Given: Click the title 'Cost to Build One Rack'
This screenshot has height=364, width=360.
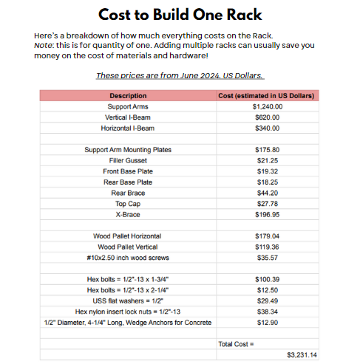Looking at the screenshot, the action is point(180,15).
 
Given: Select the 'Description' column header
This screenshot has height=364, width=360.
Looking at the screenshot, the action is point(128,96).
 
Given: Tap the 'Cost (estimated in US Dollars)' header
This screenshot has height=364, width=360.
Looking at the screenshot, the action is point(267,96).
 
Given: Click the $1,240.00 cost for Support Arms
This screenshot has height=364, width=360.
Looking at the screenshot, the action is point(267,106).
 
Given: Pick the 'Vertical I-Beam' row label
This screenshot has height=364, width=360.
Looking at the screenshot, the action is point(128,117).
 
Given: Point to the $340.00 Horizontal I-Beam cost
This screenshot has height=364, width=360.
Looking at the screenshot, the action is point(267,128).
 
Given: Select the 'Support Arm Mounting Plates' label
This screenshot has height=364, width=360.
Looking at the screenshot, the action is point(128,150).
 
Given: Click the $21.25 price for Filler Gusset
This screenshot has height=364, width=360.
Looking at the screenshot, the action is point(267,160).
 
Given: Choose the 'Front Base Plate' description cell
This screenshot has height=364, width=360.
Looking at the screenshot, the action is point(128,171).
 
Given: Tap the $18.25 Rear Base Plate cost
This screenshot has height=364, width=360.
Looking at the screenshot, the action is point(267,182).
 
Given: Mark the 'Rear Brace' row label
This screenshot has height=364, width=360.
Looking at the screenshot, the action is point(128,193).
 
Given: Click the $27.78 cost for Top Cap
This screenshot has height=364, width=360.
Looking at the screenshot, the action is point(267,203).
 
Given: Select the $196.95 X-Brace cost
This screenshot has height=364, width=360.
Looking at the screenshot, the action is point(267,214).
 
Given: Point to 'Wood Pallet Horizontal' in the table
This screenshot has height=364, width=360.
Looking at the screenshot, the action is point(128,236).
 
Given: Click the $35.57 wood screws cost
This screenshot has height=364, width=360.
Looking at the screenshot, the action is point(267,258).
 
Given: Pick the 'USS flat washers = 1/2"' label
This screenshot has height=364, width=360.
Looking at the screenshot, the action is point(128,301).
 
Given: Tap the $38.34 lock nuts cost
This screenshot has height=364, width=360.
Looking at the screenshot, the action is point(267,312).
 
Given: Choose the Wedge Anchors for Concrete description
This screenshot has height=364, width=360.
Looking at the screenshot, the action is point(128,323).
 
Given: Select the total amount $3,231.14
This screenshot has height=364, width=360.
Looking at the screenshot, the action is point(301,355).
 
